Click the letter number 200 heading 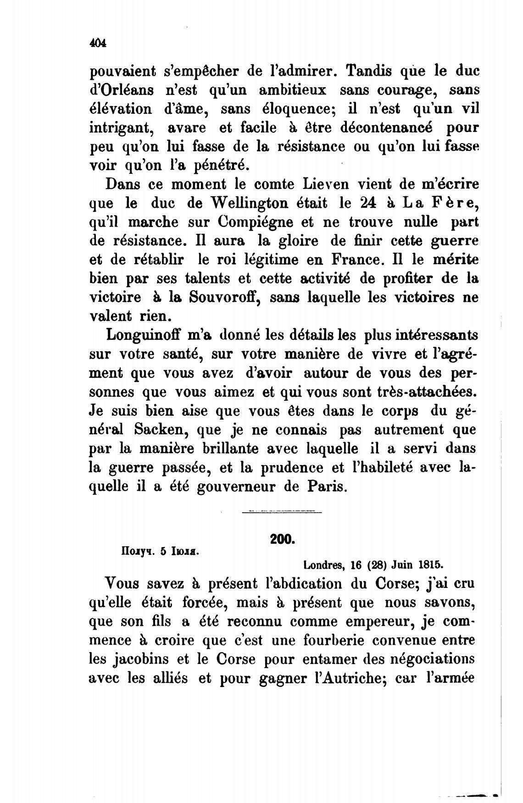[x=282, y=539]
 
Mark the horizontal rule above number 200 [x=282, y=512]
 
